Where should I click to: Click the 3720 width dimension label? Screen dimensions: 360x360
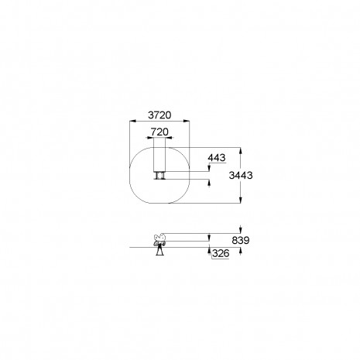(x=159, y=115)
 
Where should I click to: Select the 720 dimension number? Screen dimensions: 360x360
(x=159, y=132)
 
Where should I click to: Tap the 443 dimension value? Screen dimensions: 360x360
(x=217, y=158)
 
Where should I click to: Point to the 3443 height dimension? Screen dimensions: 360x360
(x=241, y=176)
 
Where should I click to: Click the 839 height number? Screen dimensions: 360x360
(x=241, y=241)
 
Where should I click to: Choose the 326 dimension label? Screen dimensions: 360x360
(x=221, y=253)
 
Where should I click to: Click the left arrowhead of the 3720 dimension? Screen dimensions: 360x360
(x=132, y=121)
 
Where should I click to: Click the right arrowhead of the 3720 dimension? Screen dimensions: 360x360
(x=187, y=121)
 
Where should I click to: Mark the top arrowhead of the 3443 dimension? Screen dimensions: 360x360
(x=241, y=151)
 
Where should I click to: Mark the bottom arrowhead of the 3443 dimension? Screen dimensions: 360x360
(x=241, y=200)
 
